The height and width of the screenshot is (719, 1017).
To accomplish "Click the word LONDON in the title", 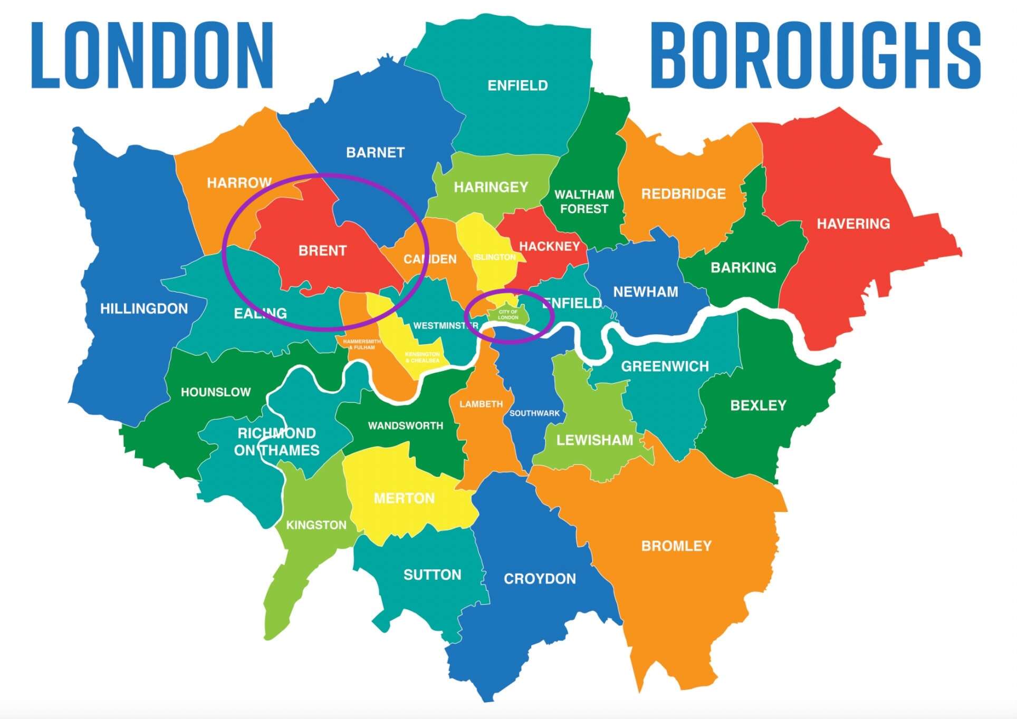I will pos(152,55).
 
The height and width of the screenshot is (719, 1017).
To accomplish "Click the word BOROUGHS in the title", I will pos(815,55).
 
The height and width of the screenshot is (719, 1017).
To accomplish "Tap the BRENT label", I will pos(322,250).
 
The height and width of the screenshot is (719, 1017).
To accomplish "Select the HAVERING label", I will pos(853,224).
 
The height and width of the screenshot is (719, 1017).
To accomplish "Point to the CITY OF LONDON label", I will pos(508,315).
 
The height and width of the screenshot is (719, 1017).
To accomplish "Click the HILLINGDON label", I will pos(144,308).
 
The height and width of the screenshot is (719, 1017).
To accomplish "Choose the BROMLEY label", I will pos(676,546).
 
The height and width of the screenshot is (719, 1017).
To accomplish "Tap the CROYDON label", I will pos(540,579).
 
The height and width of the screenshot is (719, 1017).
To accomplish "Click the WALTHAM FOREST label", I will pos(584,201).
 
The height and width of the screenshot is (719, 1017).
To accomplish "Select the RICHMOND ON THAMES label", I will pos(276,442).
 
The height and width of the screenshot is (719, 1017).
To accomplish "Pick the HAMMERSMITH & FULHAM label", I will pos(362,344).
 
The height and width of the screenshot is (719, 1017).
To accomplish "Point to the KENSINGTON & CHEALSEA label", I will pos(423,357).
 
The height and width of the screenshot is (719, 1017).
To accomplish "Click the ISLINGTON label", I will pos(494,257).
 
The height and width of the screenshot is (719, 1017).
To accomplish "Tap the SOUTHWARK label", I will pos(534,413).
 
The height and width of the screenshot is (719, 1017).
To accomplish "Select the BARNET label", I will pos(375,152).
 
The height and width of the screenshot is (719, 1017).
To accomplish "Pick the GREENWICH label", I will pos(665,366).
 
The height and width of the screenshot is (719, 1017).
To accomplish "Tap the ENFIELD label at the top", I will pos(517,85).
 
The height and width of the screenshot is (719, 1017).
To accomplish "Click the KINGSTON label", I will pos(316,525).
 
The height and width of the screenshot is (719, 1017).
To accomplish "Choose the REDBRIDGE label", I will pos(683,194).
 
